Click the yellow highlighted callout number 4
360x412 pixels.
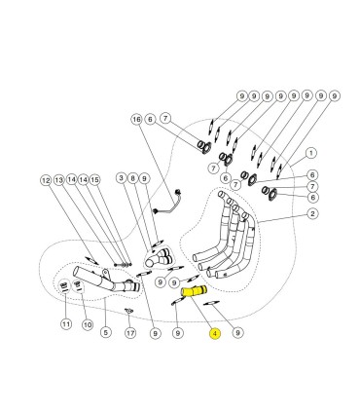tap(215, 333)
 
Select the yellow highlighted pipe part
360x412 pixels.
tap(195, 290)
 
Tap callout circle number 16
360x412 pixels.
tap(137, 120)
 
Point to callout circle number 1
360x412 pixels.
tap(311, 153)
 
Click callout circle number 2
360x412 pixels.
tap(312, 213)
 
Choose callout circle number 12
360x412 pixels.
tap(47, 180)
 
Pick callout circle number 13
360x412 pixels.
tap(59, 180)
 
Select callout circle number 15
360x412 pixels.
tap(94, 179)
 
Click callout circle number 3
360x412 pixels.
tap(122, 178)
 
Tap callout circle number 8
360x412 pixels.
tap(132, 178)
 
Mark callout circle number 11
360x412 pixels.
tap(66, 323)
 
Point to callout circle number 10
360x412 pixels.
tap(87, 324)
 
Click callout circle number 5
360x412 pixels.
tap(106, 332)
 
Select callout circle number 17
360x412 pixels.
tap(130, 333)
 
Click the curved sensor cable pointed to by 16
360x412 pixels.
tap(167, 203)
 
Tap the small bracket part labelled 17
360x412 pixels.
tap(129, 311)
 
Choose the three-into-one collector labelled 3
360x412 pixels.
tap(159, 258)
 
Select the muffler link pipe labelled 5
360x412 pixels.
tap(107, 281)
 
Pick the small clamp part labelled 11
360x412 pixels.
tap(64, 285)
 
